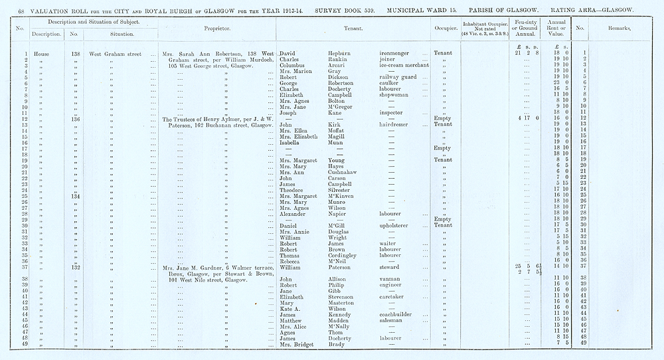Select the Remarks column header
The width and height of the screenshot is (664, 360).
tap(619, 29)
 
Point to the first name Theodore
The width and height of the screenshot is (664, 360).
tap(293, 189)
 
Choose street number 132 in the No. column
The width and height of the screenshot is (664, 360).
tap(75, 268)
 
